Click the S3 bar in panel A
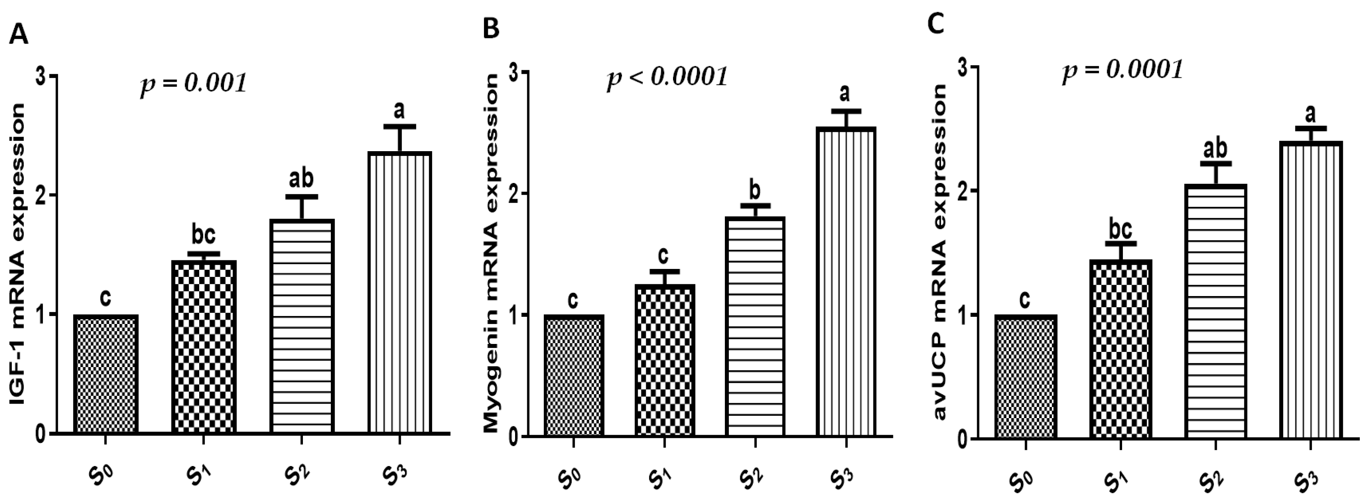(x=400, y=292)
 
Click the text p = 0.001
(x=194, y=84)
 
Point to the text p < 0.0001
(x=667, y=78)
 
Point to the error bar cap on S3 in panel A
(x=400, y=126)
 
